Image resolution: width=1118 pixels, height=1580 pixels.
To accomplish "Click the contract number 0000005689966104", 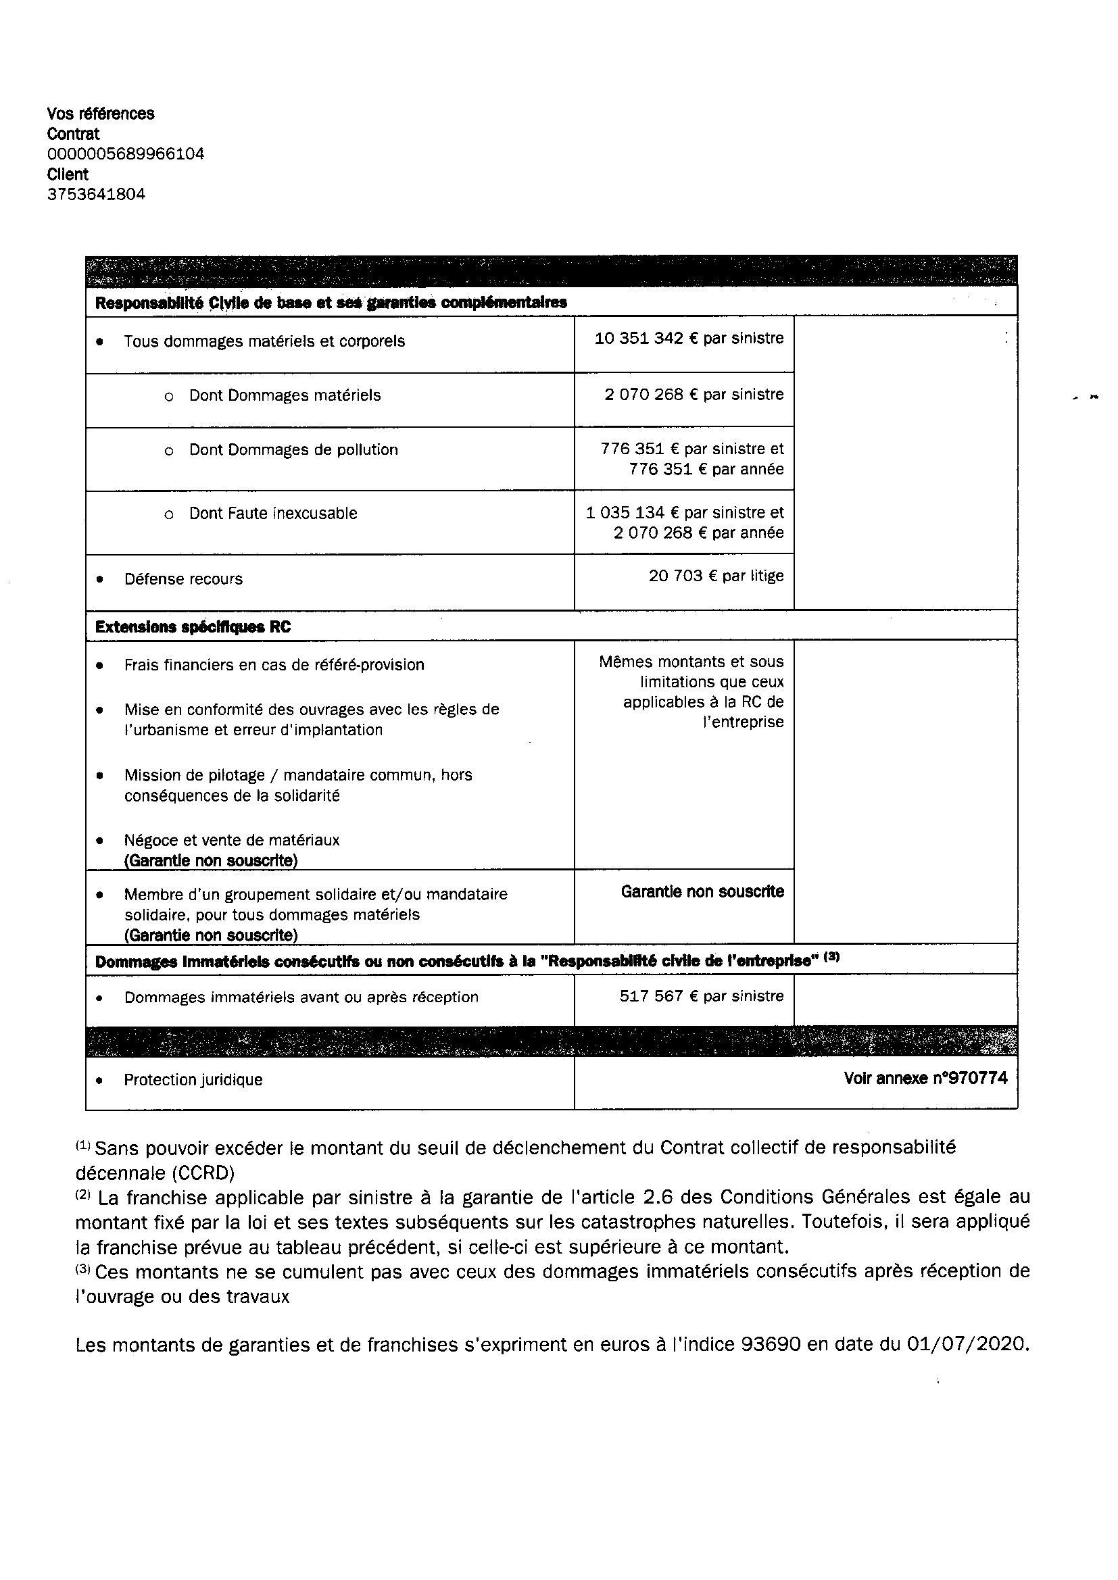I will (126, 153).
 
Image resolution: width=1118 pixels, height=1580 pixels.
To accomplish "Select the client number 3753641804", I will (97, 194).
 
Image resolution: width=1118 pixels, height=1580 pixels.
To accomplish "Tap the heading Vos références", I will (101, 114).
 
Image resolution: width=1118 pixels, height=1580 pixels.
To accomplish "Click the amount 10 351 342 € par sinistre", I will (688, 338).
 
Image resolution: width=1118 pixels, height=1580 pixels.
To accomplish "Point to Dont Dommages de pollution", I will (293, 449).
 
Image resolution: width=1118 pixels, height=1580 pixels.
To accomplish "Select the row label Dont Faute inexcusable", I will (272, 513).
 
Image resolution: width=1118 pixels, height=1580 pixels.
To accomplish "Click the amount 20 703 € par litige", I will (715, 575).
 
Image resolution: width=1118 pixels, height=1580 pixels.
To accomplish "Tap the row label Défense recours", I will (183, 578).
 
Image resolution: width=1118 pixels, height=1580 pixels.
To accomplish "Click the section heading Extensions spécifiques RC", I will (193, 626).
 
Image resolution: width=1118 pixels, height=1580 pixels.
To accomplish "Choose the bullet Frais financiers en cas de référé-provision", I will (274, 665).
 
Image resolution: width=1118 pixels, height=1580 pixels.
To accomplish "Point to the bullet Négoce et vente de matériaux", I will (232, 839).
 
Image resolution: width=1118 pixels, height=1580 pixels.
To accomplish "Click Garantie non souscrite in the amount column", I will (702, 891).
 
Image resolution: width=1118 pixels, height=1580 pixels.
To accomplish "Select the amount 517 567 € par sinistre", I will (701, 995).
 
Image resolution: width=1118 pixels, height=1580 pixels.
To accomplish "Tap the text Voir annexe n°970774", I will (925, 1078).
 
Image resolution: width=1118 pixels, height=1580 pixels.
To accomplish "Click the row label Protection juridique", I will (193, 1079).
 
